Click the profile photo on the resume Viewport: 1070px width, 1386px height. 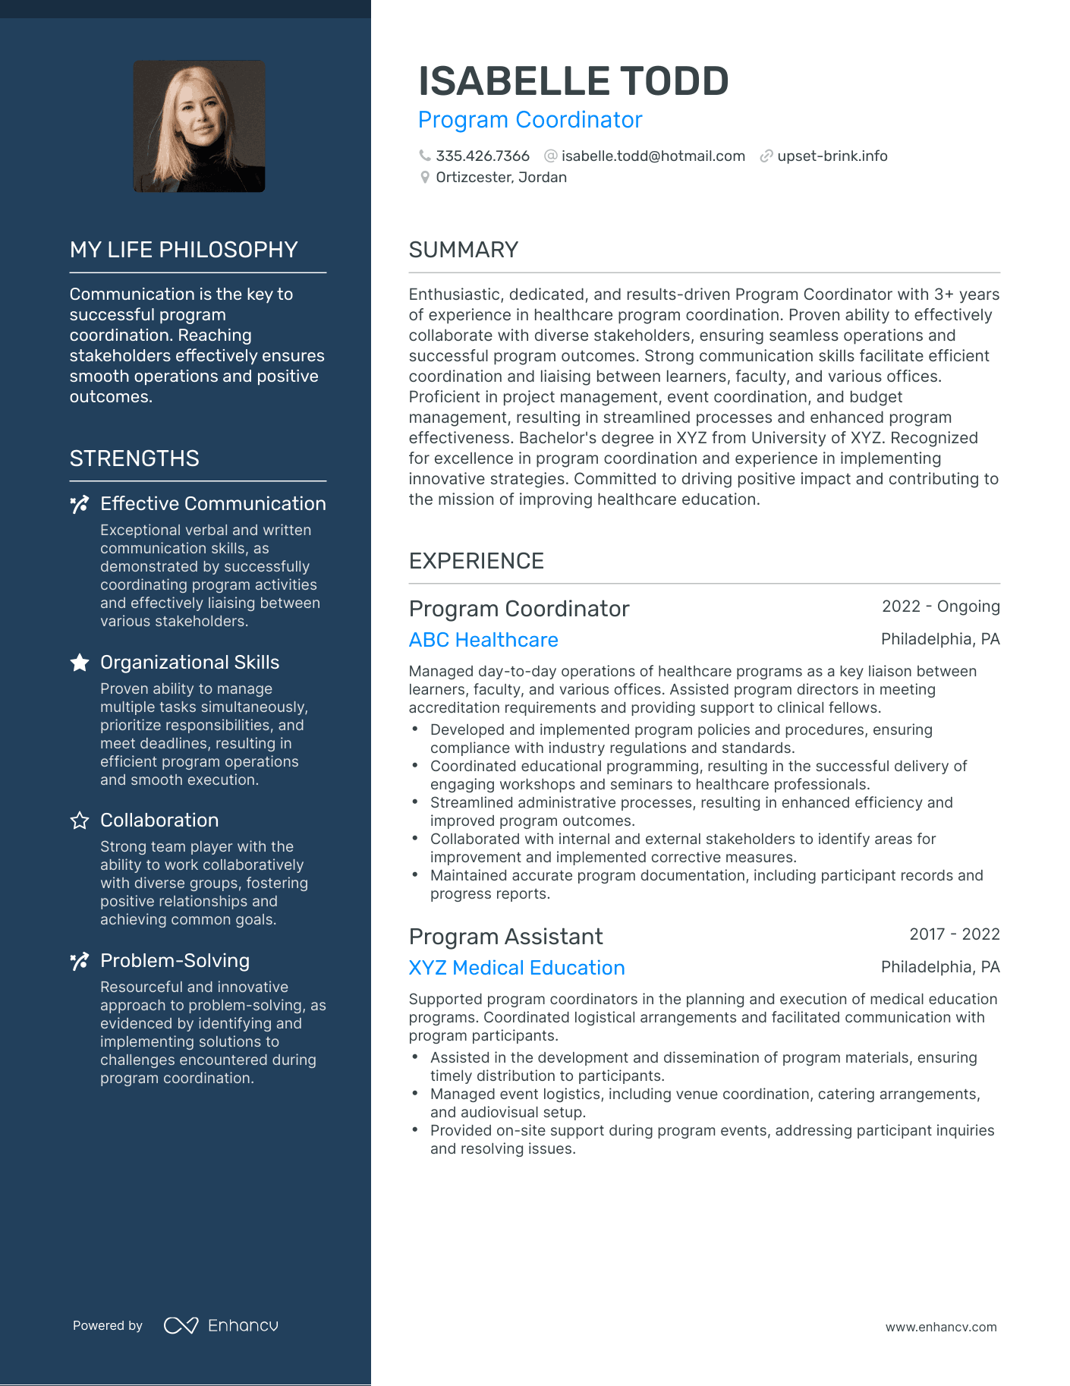[x=200, y=126]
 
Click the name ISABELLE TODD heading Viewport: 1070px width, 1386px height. [x=573, y=81]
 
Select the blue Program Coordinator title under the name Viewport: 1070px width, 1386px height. [x=530, y=120]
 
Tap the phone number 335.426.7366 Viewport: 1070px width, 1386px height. [x=482, y=156]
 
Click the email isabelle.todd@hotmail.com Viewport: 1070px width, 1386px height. [x=653, y=156]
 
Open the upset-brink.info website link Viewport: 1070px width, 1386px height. [x=832, y=156]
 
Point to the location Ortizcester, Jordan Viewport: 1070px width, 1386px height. [x=501, y=178]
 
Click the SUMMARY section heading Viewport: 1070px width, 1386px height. [x=463, y=250]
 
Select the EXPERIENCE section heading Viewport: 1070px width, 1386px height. [x=476, y=561]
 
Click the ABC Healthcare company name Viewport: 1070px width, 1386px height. [x=483, y=640]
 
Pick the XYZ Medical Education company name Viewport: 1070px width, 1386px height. [x=516, y=968]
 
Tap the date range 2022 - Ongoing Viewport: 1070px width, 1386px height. [x=940, y=606]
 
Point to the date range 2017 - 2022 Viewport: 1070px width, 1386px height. [x=954, y=934]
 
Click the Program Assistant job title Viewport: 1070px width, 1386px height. [x=505, y=937]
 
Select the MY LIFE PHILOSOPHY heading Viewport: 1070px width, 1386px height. [x=184, y=250]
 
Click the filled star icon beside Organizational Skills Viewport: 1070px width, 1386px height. [x=80, y=663]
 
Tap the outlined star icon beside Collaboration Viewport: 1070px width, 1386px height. [x=80, y=821]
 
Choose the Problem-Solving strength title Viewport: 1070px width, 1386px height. [x=175, y=961]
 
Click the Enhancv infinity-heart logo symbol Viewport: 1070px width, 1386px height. [x=181, y=1325]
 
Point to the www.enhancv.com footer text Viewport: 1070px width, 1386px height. [x=940, y=1327]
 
